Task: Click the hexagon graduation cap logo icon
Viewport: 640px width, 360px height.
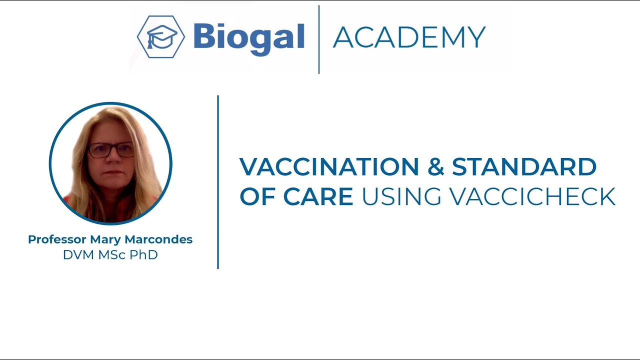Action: click(161, 37)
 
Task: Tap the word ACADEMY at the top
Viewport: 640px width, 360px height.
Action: click(409, 37)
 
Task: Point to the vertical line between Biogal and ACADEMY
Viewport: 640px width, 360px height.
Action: click(319, 39)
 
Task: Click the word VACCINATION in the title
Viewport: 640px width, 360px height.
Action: click(329, 167)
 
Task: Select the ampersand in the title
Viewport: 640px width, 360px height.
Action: click(435, 167)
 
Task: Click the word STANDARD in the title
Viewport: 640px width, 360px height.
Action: click(524, 167)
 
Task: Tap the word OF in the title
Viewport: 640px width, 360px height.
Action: click(255, 196)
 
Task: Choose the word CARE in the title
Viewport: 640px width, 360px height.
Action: click(318, 196)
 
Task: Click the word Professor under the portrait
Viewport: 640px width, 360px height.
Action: click(57, 239)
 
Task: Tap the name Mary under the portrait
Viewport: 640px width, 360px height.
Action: click(105, 240)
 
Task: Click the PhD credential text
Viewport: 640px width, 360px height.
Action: click(144, 255)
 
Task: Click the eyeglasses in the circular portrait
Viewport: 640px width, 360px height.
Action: click(111, 149)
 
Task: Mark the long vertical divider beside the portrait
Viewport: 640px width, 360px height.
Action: click(218, 182)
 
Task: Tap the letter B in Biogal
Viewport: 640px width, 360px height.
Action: click(203, 37)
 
